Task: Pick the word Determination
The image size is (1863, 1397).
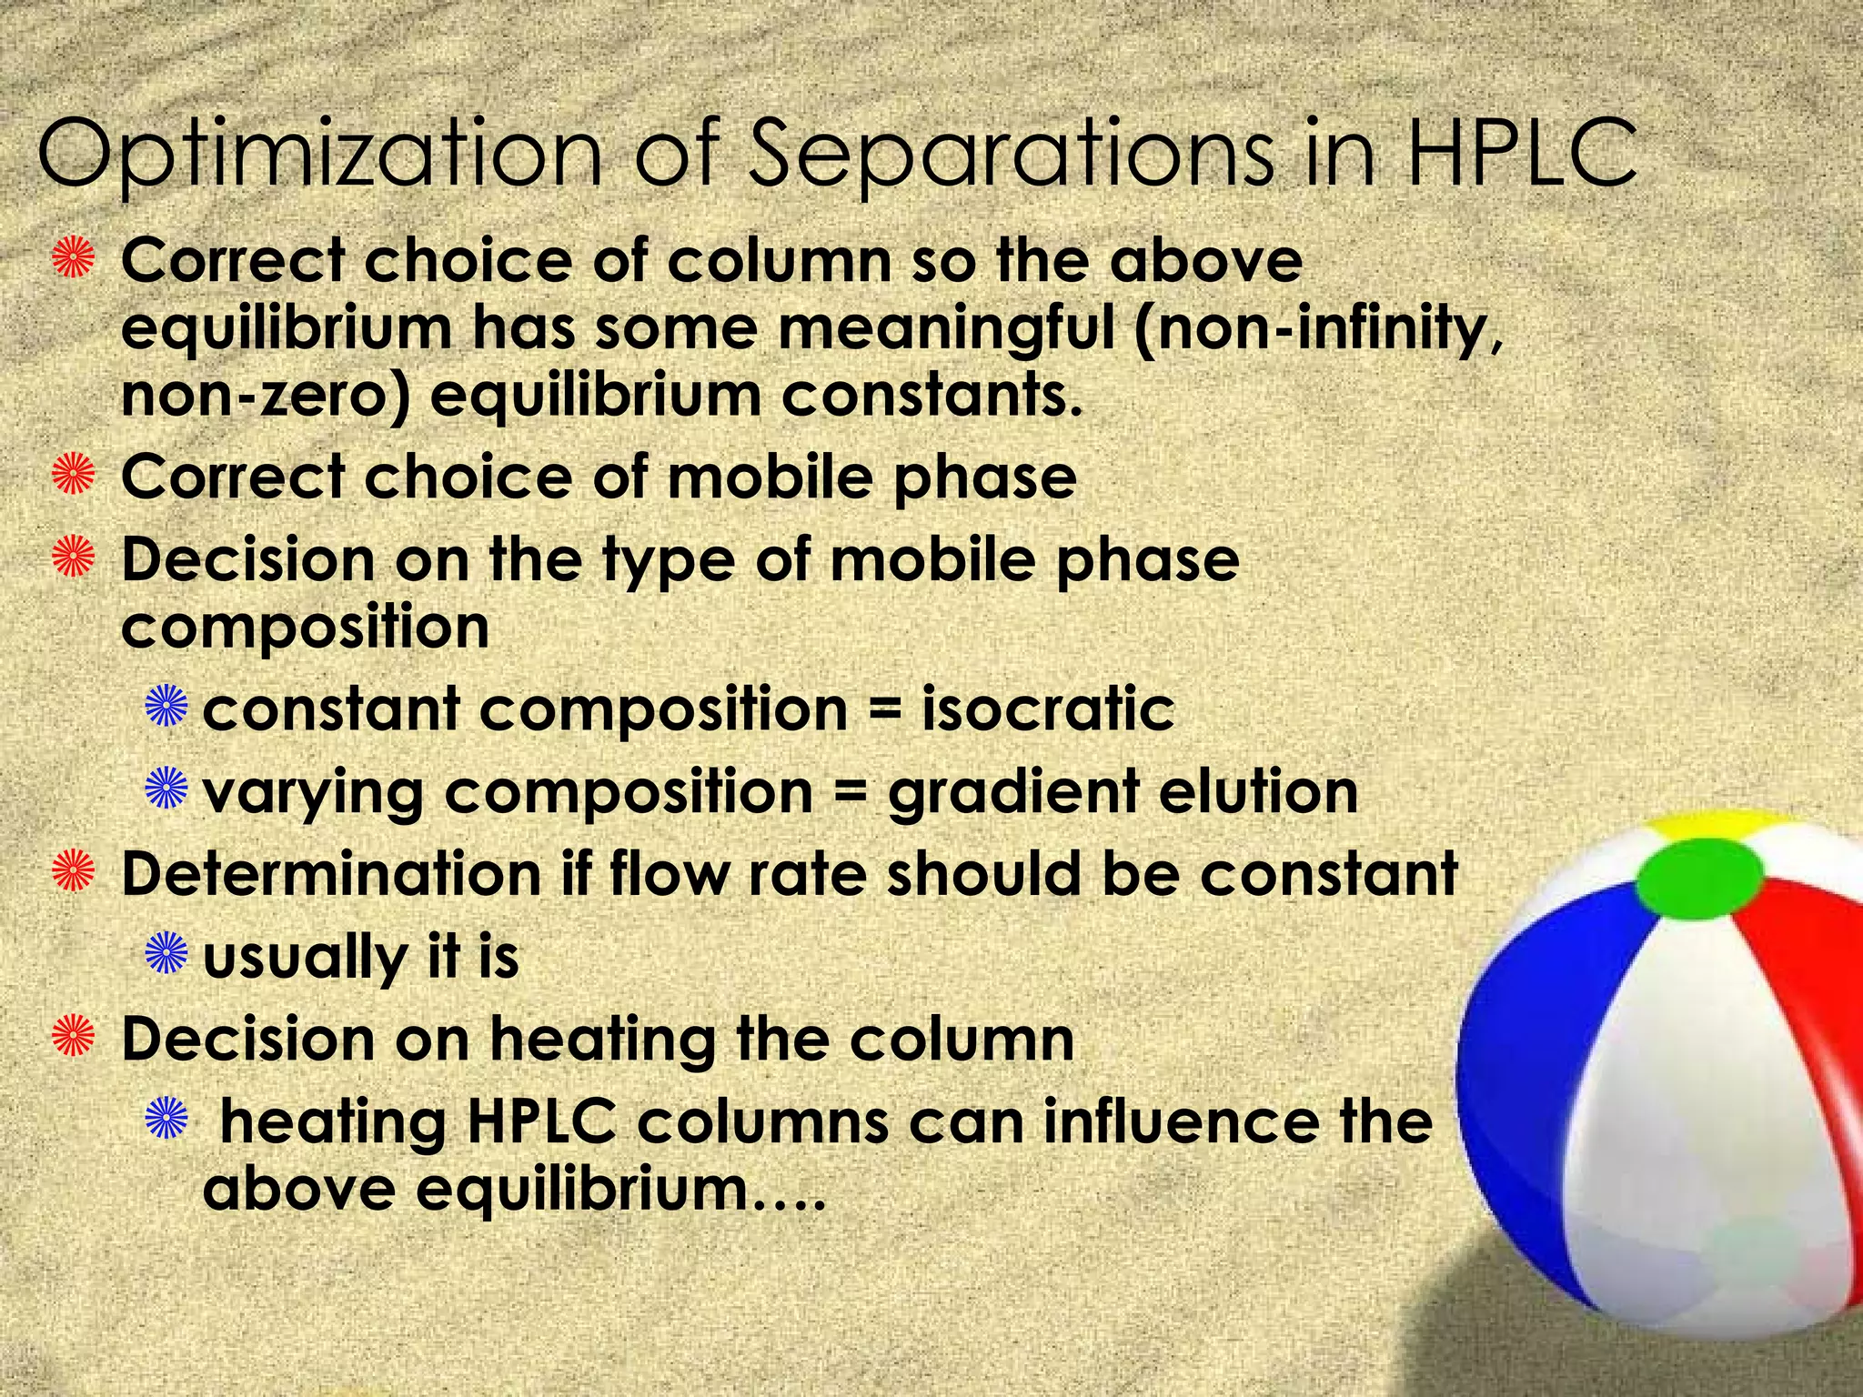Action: pos(331,874)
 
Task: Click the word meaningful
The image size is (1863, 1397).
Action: pos(946,328)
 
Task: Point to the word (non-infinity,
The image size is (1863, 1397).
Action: pos(1318,328)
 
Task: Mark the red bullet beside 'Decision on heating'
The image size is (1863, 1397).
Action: pos(74,1037)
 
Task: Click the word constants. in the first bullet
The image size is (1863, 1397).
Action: pos(932,397)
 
